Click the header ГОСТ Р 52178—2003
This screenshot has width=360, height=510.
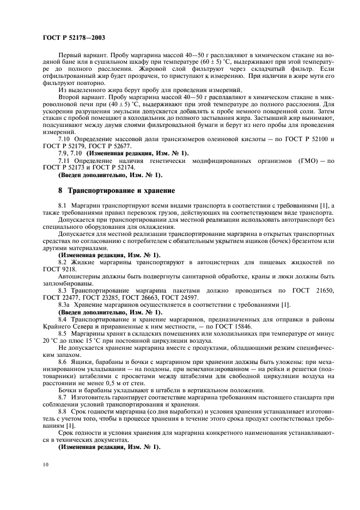(x=74, y=38)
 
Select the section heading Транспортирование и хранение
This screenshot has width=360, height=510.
(x=120, y=191)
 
